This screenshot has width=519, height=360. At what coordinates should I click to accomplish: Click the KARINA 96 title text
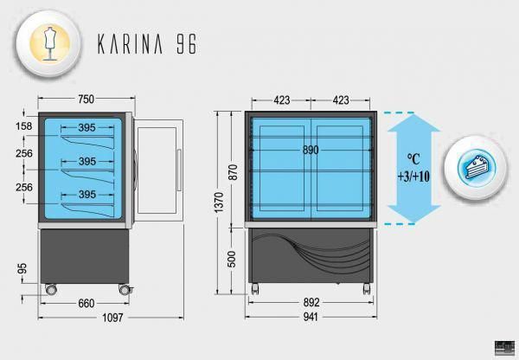pyautogui.click(x=147, y=43)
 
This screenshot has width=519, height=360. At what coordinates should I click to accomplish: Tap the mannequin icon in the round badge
pyautogui.click(x=49, y=43)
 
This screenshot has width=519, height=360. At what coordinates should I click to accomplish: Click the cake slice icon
pyautogui.click(x=477, y=167)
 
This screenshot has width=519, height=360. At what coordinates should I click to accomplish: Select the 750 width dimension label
pyautogui.click(x=86, y=99)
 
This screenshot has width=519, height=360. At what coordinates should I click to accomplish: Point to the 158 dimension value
pyautogui.click(x=24, y=126)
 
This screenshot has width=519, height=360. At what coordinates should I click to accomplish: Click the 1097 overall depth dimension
pyautogui.click(x=112, y=318)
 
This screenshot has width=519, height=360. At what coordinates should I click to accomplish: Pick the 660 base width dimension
pyautogui.click(x=86, y=303)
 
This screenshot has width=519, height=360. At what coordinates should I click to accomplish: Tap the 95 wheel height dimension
pyautogui.click(x=22, y=269)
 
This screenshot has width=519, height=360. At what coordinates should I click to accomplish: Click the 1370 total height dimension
pyautogui.click(x=219, y=202)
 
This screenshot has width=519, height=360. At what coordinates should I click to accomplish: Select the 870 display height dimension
pyautogui.click(x=233, y=172)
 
